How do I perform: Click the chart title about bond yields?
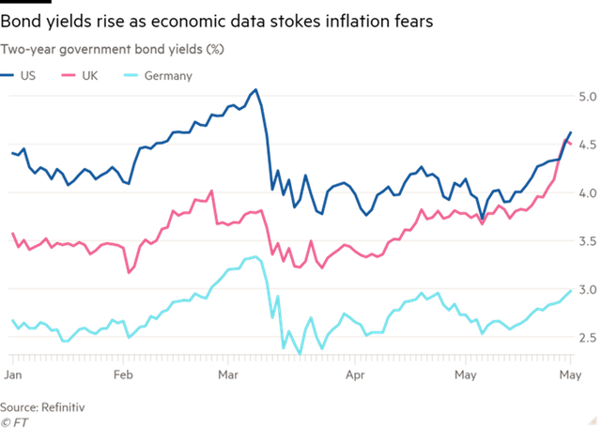pyautogui.click(x=111, y=48)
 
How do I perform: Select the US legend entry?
pyautogui.click(x=27, y=75)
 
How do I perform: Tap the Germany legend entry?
pyautogui.click(x=167, y=75)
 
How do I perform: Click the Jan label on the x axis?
pyautogui.click(x=14, y=374)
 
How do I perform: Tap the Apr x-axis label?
pyautogui.click(x=354, y=374)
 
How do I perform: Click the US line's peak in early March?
pyautogui.click(x=255, y=91)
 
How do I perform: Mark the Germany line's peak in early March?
pyautogui.click(x=254, y=254)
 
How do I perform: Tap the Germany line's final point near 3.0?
pyautogui.click(x=572, y=291)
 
